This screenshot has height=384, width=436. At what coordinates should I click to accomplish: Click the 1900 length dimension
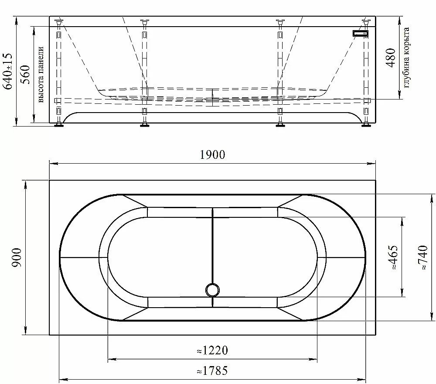click(212, 155)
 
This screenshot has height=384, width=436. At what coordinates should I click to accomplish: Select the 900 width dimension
click(17, 257)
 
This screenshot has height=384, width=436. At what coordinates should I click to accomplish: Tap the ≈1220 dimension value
click(212, 350)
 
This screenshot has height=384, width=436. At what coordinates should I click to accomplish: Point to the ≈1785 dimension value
click(212, 370)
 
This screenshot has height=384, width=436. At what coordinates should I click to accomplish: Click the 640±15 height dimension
click(8, 71)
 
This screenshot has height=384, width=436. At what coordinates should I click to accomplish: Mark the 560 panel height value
click(26, 74)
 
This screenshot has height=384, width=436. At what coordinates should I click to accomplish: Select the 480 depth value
click(391, 58)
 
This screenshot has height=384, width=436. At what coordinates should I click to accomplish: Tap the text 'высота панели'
click(41, 74)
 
